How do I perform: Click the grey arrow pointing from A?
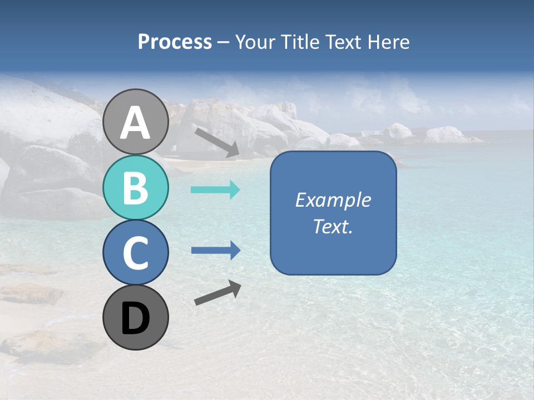(217, 142)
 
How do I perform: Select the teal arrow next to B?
(215, 190)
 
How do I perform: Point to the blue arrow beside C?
(215, 251)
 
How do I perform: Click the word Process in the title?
(175, 42)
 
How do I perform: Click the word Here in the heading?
(389, 42)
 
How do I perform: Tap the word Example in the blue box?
(333, 200)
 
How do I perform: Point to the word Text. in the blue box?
(333, 226)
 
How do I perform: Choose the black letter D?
(136, 318)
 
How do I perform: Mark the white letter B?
(136, 188)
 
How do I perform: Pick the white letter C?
(136, 253)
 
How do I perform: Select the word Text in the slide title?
(345, 42)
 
